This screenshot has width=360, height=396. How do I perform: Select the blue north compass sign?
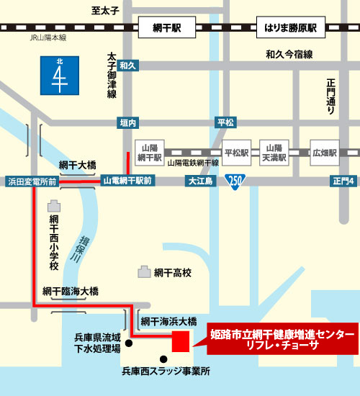pyautogui.click(x=58, y=74)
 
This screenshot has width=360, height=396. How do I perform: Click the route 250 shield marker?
pyautogui.click(x=233, y=178)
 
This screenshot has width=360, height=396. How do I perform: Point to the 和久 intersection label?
pyautogui.click(x=128, y=66)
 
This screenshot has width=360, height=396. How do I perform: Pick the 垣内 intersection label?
pyautogui.click(x=128, y=123)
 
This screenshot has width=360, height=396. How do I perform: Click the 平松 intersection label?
pyautogui.click(x=225, y=123)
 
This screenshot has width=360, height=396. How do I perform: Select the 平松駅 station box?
pyautogui.click(x=235, y=153)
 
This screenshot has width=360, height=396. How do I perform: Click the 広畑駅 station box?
pyautogui.click(x=324, y=153)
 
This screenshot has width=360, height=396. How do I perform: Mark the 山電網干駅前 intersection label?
pyautogui.click(x=127, y=181)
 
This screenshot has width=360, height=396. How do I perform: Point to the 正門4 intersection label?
pyautogui.click(x=343, y=181)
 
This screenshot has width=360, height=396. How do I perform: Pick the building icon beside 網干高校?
pyautogui.click(x=145, y=272)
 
